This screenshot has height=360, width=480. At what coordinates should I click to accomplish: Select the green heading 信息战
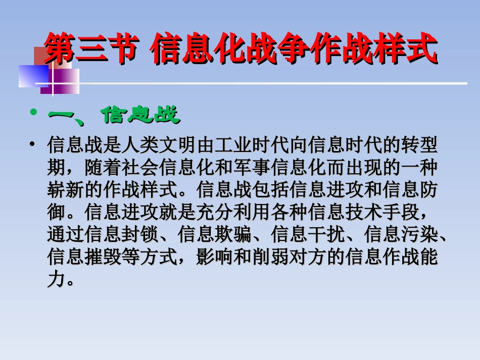click(141, 115)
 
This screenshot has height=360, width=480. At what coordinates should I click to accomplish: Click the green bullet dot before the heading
click(34, 112)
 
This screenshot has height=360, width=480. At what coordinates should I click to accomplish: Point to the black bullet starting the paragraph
click(33, 145)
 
